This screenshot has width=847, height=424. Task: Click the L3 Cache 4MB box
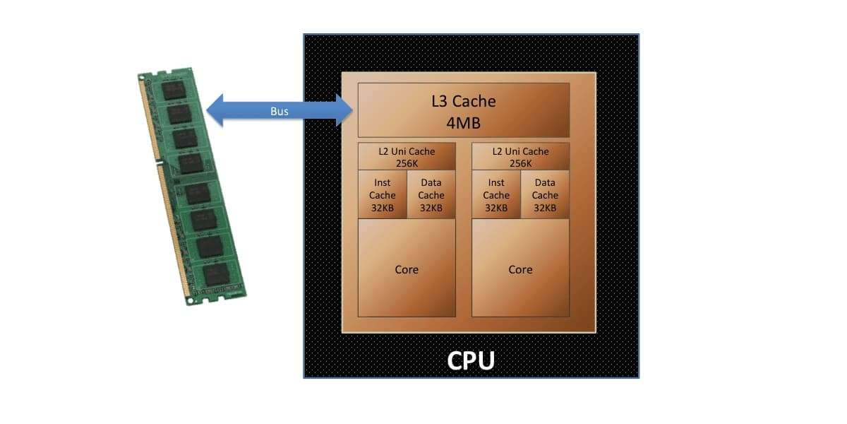(463, 110)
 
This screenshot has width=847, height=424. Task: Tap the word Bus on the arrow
(280, 112)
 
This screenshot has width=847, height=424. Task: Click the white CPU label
(471, 360)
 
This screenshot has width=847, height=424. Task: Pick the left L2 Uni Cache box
(407, 157)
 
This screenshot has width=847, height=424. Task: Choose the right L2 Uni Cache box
(520, 157)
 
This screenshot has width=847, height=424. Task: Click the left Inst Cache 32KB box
(383, 195)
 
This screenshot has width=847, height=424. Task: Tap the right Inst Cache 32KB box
(496, 195)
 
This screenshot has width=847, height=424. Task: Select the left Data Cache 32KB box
(431, 195)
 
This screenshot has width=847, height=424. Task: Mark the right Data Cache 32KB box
(545, 195)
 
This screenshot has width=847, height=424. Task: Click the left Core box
(407, 269)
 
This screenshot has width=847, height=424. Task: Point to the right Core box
(520, 269)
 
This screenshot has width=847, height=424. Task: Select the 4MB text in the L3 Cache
(463, 123)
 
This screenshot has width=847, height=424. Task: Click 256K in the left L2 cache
(407, 163)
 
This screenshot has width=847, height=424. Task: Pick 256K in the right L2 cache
(520, 163)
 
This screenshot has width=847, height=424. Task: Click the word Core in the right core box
(520, 269)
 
